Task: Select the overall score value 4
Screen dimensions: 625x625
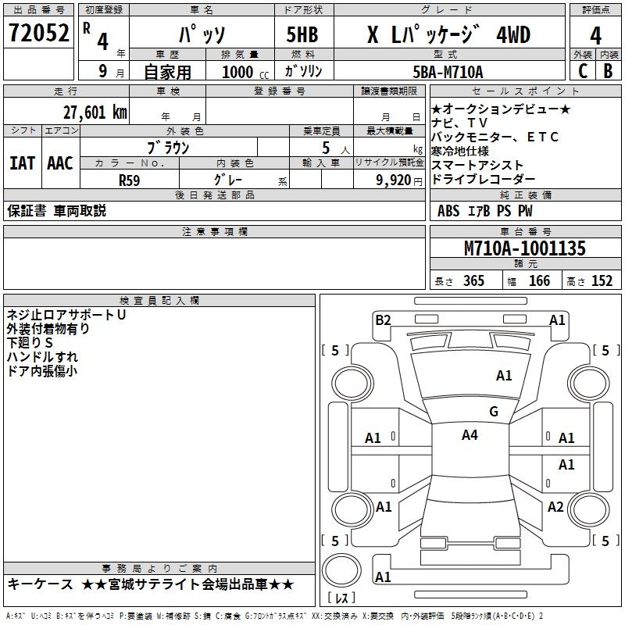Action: [x=595, y=36]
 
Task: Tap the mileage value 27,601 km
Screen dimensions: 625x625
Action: [x=95, y=112]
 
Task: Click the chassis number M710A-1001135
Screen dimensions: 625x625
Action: [x=524, y=249]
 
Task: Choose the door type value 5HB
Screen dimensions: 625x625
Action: [x=302, y=36]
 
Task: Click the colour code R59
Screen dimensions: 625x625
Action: [x=130, y=179]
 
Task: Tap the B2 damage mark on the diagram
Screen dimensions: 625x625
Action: [x=383, y=320]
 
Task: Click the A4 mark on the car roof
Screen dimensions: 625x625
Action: [x=470, y=435]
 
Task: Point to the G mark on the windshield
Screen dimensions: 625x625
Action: [x=493, y=412]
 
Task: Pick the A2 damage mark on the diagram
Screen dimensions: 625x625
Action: [x=555, y=507]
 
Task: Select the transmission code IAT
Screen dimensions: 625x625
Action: [x=22, y=163]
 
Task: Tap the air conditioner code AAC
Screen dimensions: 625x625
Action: [x=59, y=163]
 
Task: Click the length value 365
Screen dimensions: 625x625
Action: [x=473, y=281]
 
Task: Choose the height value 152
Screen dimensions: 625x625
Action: [x=602, y=281]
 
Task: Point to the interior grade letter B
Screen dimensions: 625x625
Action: [x=608, y=71]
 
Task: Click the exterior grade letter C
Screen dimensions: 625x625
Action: [x=582, y=71]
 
